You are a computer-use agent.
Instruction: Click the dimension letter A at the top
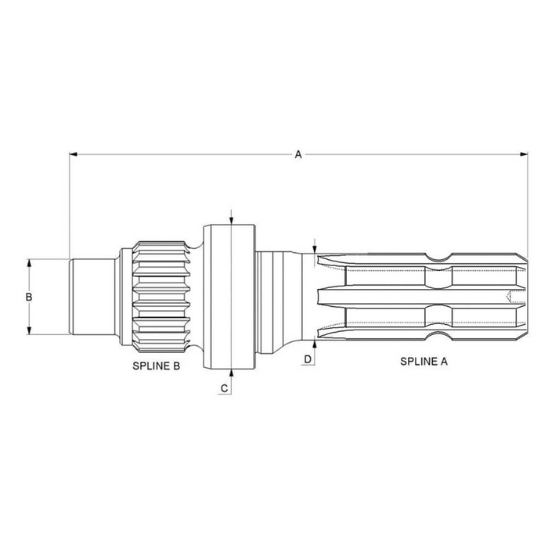pyautogui.click(x=297, y=154)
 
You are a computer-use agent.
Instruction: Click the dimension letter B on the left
pyautogui.click(x=29, y=297)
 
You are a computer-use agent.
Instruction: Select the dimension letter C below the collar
pyautogui.click(x=225, y=388)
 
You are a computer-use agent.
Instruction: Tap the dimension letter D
pyautogui.click(x=308, y=359)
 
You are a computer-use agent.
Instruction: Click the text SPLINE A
pyautogui.click(x=424, y=362)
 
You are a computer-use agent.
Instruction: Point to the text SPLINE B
pyautogui.click(x=157, y=366)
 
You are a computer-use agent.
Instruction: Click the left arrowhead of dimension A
pyautogui.click(x=73, y=154)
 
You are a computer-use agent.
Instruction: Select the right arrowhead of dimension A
pyautogui.click(x=524, y=154)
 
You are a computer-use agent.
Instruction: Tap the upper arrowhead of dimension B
pyautogui.click(x=29, y=263)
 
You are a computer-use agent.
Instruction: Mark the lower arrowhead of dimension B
pyautogui.click(x=29, y=330)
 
